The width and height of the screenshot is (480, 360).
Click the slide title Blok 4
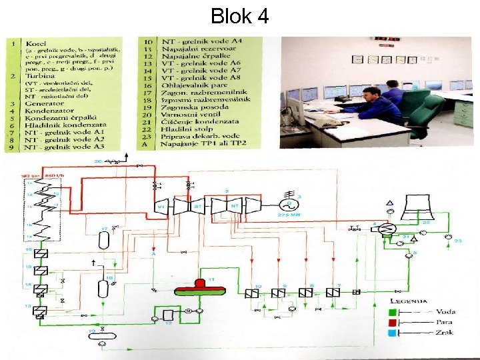[239, 16]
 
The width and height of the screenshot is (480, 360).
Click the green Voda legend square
[394, 311]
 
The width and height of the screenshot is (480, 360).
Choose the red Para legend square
[394, 323]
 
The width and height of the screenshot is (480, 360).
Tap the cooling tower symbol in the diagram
[412, 199]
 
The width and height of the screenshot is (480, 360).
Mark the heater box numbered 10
[252, 293]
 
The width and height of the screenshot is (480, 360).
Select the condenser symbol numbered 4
[385, 229]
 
